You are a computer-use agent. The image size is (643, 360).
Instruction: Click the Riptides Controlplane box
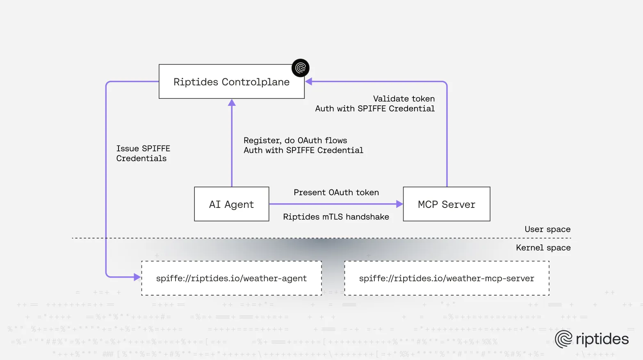[231, 82]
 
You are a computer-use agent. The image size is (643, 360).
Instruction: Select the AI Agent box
[231, 204]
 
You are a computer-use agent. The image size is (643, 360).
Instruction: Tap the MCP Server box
[447, 204]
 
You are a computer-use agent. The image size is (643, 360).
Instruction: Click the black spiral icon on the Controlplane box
[301, 68]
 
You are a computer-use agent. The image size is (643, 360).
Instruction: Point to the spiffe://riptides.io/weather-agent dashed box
[231, 278]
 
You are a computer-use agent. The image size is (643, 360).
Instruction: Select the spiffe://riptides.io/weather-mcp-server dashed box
[447, 278]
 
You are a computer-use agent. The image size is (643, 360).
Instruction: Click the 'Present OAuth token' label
[336, 192]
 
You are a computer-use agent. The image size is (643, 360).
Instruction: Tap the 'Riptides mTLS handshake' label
[336, 217]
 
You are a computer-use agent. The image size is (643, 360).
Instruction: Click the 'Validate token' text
[404, 99]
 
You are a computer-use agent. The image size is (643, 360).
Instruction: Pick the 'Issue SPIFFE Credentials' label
[143, 153]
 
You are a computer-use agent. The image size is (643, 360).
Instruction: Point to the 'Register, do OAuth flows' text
[295, 141]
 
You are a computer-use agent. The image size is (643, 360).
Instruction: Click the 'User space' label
[547, 229]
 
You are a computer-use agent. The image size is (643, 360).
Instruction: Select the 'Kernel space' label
[543, 248]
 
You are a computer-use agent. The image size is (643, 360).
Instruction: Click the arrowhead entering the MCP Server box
[399, 204]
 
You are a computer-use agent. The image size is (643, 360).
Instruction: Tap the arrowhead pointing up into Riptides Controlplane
[232, 103]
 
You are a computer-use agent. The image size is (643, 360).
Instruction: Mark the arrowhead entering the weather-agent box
[137, 277]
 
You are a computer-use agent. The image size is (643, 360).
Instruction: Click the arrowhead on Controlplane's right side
[309, 82]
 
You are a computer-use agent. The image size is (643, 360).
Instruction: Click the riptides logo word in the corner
[602, 339]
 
